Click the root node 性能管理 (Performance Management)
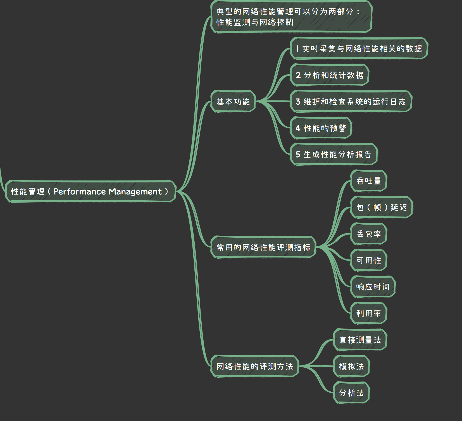click(x=91, y=191)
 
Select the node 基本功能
click(x=233, y=102)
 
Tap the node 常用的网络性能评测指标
click(x=263, y=247)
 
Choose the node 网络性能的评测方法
click(x=254, y=366)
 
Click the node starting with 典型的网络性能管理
click(x=291, y=17)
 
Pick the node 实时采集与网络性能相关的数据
click(x=359, y=49)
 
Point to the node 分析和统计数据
click(x=330, y=75)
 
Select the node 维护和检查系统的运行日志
click(x=351, y=102)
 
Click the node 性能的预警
click(x=321, y=128)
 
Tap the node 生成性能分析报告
click(x=334, y=154)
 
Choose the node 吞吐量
click(x=369, y=181)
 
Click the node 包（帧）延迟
click(x=382, y=207)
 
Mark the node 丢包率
click(x=369, y=234)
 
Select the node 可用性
click(x=369, y=260)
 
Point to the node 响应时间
click(x=373, y=287)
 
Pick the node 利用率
click(x=369, y=313)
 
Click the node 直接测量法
click(x=360, y=340)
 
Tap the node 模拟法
click(x=351, y=366)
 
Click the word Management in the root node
click(x=135, y=192)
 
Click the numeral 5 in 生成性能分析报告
click(x=298, y=154)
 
